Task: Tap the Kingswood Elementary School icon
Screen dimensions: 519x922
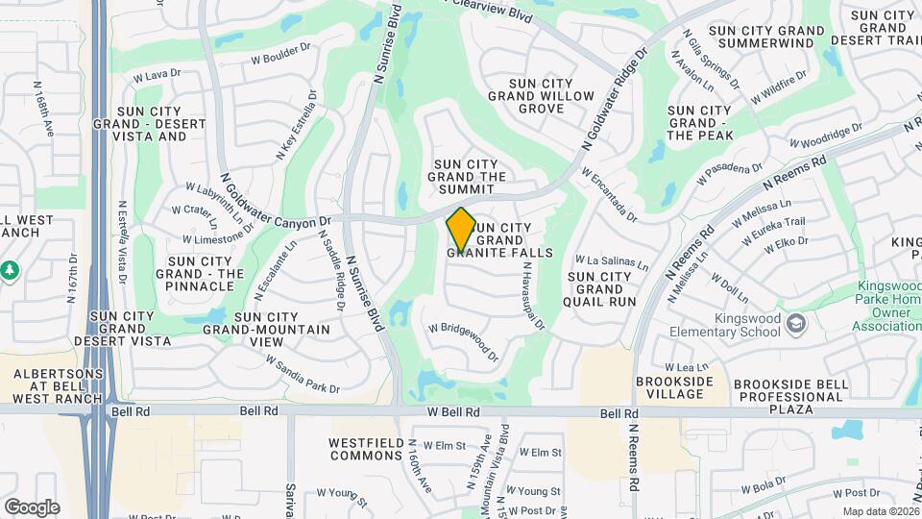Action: tap(796, 323)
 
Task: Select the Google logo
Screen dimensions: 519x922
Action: tap(32, 507)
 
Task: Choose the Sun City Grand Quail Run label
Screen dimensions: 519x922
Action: tap(601, 288)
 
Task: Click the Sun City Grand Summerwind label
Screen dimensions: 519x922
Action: tap(764, 37)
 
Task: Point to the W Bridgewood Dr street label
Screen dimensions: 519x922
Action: tap(464, 340)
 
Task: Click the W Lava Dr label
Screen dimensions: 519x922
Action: tap(157, 74)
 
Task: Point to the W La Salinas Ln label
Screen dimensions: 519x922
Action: tap(611, 260)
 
